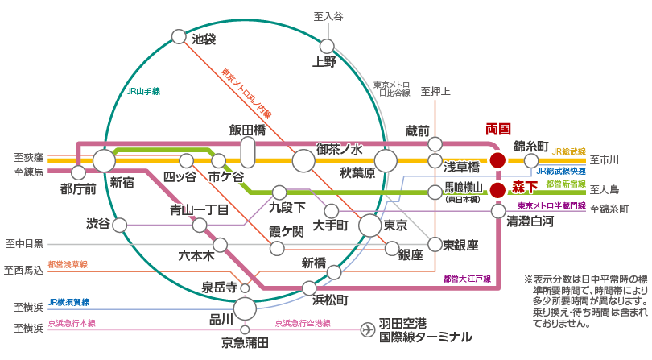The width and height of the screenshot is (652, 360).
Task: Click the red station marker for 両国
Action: [x=497, y=160]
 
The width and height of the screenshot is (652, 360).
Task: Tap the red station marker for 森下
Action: [x=497, y=191]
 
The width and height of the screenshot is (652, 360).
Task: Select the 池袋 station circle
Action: [x=179, y=36]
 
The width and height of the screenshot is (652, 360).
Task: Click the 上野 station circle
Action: [x=327, y=46]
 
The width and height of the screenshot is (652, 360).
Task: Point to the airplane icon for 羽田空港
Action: [x=367, y=329]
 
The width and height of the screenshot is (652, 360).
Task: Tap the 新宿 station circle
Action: [x=104, y=161]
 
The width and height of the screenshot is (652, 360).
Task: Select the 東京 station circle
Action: [x=369, y=226]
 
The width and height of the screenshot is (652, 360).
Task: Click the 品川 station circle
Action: [x=245, y=308]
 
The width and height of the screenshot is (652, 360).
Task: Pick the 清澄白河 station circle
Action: [x=498, y=211]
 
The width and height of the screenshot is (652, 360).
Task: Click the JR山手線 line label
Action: [x=143, y=92]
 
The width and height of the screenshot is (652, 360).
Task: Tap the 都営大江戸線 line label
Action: [x=467, y=279]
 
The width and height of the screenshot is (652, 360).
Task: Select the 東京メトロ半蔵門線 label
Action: [x=551, y=205]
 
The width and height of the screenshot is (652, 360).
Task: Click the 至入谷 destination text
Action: [x=328, y=17]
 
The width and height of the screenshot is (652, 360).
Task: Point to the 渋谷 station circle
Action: [x=120, y=226]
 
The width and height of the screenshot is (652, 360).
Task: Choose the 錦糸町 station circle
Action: [x=531, y=160]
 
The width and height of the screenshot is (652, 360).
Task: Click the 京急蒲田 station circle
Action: [x=245, y=329]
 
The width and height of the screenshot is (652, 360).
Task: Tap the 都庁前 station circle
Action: [x=78, y=172]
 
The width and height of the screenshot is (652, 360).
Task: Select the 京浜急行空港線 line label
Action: [x=303, y=323]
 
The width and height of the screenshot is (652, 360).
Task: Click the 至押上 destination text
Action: [x=435, y=92]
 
